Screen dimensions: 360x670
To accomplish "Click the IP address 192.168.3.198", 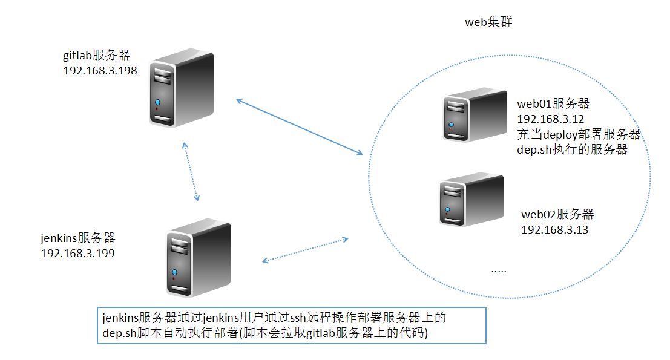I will tap(100, 71).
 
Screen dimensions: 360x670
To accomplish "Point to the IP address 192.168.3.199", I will tap(77, 253).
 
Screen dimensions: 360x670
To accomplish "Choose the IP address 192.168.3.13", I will tap(554, 229).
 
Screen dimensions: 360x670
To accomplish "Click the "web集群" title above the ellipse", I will tap(489, 22).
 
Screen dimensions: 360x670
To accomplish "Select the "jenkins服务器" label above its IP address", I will tap(77, 238).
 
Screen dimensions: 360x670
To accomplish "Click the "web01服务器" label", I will tap(553, 104).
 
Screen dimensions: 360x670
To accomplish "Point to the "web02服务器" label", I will tap(557, 214).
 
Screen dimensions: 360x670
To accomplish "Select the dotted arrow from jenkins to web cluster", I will tap(305, 250).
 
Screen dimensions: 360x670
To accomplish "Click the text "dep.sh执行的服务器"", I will tap(573, 149).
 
